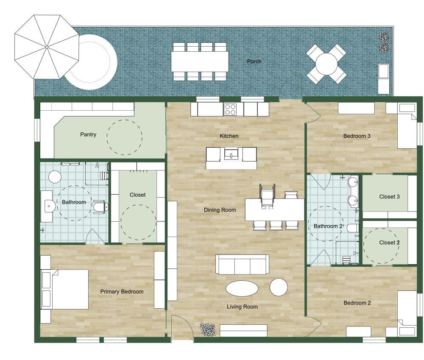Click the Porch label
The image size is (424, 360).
click(x=254, y=61)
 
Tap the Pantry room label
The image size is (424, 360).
click(x=88, y=135)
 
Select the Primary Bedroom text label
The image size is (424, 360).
click(x=122, y=292)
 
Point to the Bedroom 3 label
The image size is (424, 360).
click(x=357, y=136)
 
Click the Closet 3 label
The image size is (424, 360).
click(x=390, y=197)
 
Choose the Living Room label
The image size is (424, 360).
click(x=242, y=307)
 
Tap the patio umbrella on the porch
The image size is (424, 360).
click(x=47, y=47)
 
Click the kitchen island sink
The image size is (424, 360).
click(x=232, y=153)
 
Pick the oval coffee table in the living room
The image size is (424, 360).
click(x=242, y=289)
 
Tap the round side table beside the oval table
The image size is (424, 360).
click(x=279, y=287)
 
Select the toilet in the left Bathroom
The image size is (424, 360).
click(x=100, y=207)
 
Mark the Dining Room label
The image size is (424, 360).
click(x=220, y=210)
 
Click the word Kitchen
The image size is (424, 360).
click(x=229, y=136)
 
